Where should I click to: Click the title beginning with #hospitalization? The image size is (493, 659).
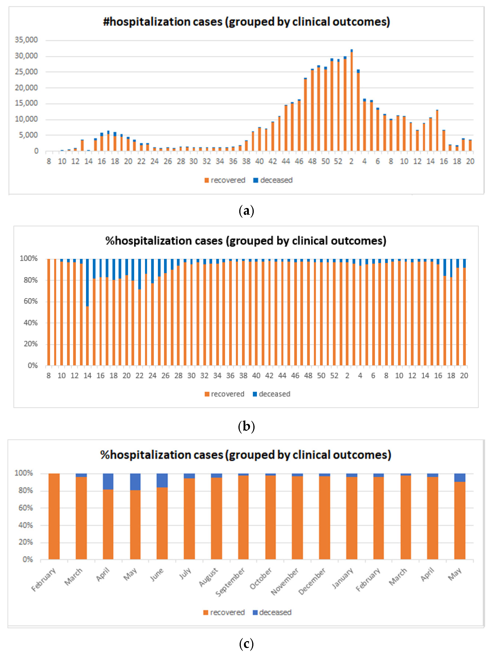[x=246, y=22]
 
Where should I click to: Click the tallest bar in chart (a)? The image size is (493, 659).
[x=352, y=101]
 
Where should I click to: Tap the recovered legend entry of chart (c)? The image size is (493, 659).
[x=224, y=612]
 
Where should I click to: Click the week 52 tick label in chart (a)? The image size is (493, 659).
[x=338, y=161]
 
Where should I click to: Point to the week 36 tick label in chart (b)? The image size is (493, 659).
[x=230, y=376]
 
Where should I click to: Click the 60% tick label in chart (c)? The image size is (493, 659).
[x=26, y=508]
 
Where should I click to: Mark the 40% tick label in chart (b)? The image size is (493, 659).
[x=31, y=323]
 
